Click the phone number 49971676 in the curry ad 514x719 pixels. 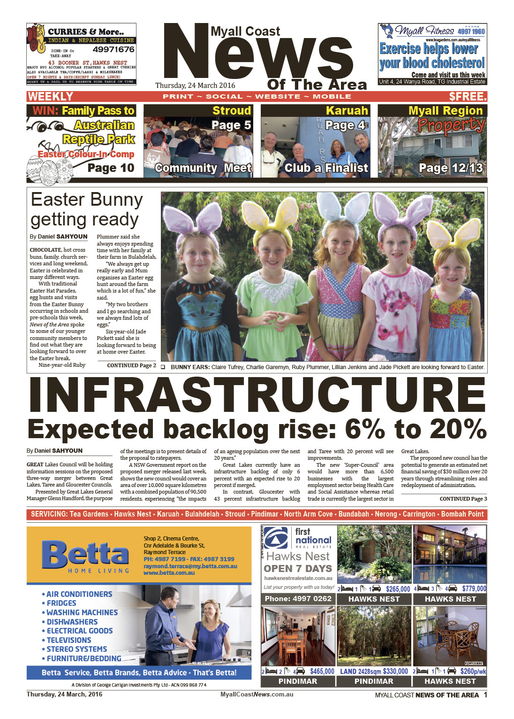[113, 49]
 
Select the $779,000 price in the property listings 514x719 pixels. [474, 588]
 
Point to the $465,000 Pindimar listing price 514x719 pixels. [322, 672]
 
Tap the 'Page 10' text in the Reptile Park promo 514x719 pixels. [111, 168]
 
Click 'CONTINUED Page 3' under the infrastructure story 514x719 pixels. [463, 499]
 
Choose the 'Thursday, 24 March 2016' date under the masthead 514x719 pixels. [195, 85]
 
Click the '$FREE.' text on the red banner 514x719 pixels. [468, 97]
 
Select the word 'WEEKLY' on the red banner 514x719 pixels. [50, 97]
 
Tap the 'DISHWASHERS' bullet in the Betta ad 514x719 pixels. [72, 622]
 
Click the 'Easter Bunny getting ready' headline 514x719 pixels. [86, 209]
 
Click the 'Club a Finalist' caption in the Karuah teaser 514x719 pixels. [326, 168]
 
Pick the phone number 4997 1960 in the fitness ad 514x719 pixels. [471, 31]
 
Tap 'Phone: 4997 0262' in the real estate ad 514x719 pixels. [298, 599]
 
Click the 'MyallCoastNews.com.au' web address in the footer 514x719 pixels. [257, 695]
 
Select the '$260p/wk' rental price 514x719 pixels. [473, 672]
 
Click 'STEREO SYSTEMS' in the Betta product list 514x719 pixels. [76, 649]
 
